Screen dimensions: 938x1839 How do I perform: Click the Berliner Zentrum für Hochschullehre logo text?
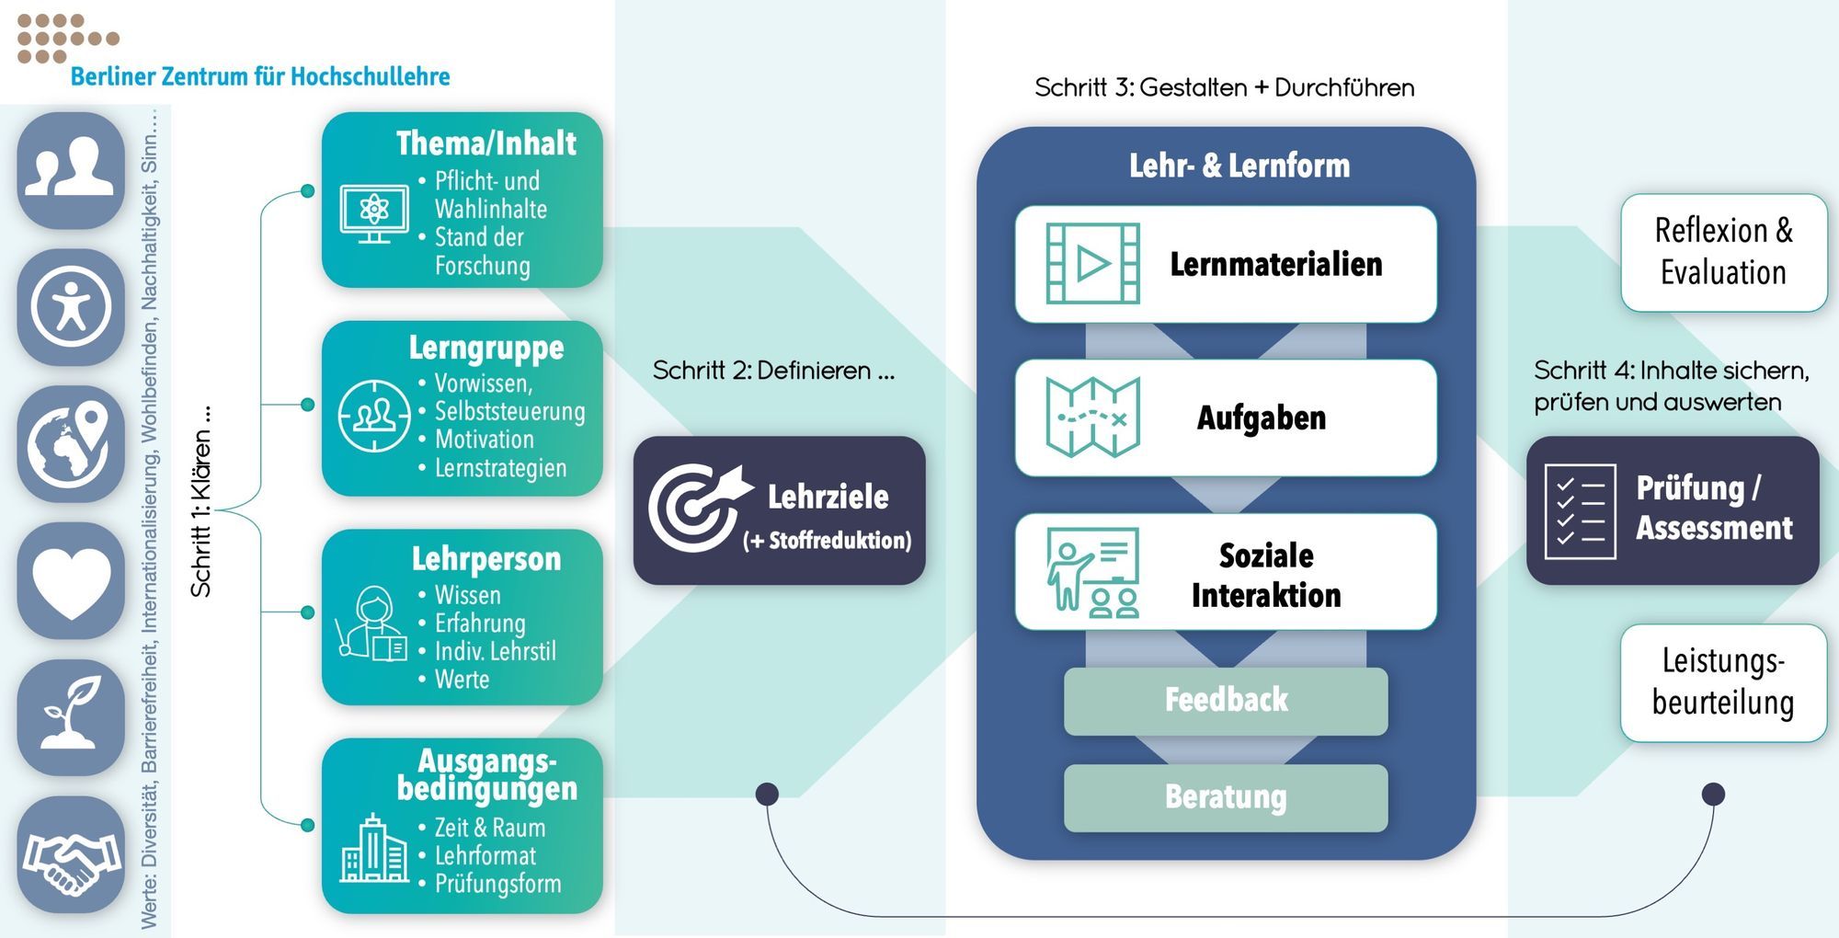click(259, 76)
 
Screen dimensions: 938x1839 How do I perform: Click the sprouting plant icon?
click(71, 715)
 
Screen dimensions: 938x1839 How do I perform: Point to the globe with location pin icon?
click(71, 444)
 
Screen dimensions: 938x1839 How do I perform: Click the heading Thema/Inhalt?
click(485, 143)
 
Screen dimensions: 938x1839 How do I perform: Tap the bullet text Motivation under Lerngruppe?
click(484, 440)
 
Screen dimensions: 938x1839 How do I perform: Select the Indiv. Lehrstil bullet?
click(495, 652)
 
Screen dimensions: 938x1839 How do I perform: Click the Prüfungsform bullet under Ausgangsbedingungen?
click(497, 884)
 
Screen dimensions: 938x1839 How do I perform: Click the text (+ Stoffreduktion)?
click(827, 541)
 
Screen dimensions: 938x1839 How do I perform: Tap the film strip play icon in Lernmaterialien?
click(1092, 264)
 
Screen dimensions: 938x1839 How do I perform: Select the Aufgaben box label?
click(1261, 418)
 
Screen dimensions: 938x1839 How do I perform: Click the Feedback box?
click(1225, 701)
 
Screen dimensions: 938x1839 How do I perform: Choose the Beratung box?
click(1225, 797)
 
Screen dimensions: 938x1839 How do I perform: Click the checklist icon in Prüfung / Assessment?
click(1579, 511)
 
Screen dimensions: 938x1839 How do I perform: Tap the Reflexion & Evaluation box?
click(1723, 252)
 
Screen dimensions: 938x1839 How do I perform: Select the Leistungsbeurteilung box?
click(1723, 682)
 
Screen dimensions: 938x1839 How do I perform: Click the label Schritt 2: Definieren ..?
click(772, 372)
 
